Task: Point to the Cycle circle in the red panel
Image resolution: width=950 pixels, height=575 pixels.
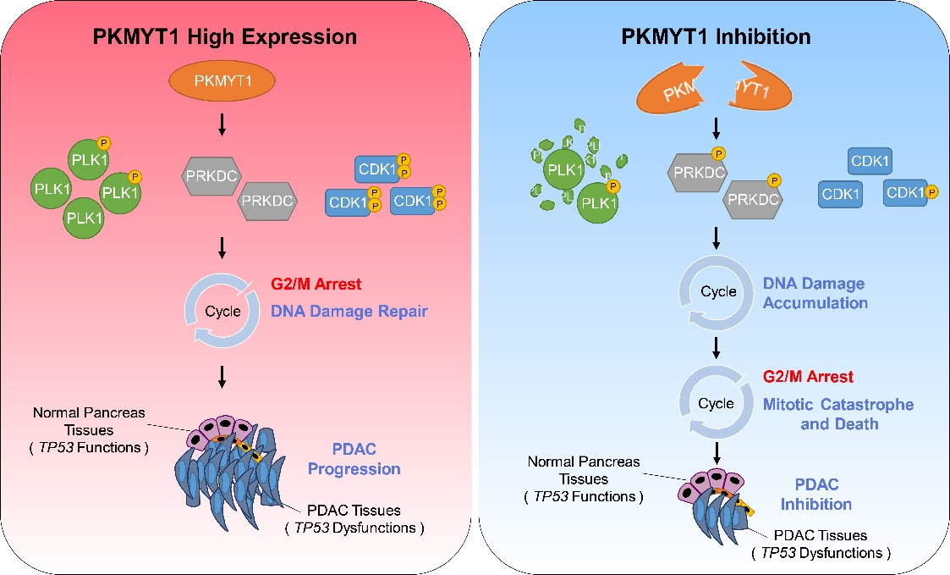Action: click(x=222, y=310)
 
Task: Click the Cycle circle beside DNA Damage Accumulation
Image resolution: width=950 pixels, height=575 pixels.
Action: click(x=717, y=292)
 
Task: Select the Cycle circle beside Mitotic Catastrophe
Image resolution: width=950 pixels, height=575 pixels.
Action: click(x=717, y=403)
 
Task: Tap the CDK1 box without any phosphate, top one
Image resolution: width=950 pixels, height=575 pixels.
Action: click(x=869, y=160)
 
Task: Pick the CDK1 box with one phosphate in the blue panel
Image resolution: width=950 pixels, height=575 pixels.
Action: click(x=909, y=194)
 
